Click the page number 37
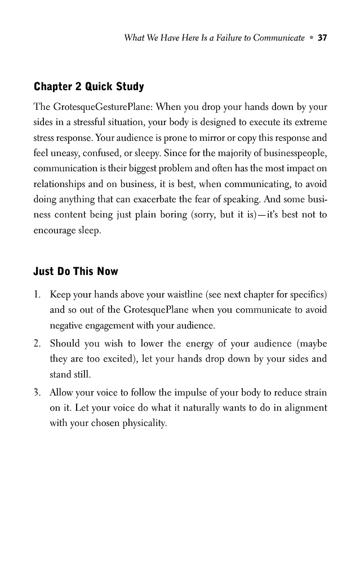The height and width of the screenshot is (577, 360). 322,38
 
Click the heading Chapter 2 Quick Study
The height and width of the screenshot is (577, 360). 89,87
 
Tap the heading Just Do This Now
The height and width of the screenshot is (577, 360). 76,272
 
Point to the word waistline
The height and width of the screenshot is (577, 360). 182,295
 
